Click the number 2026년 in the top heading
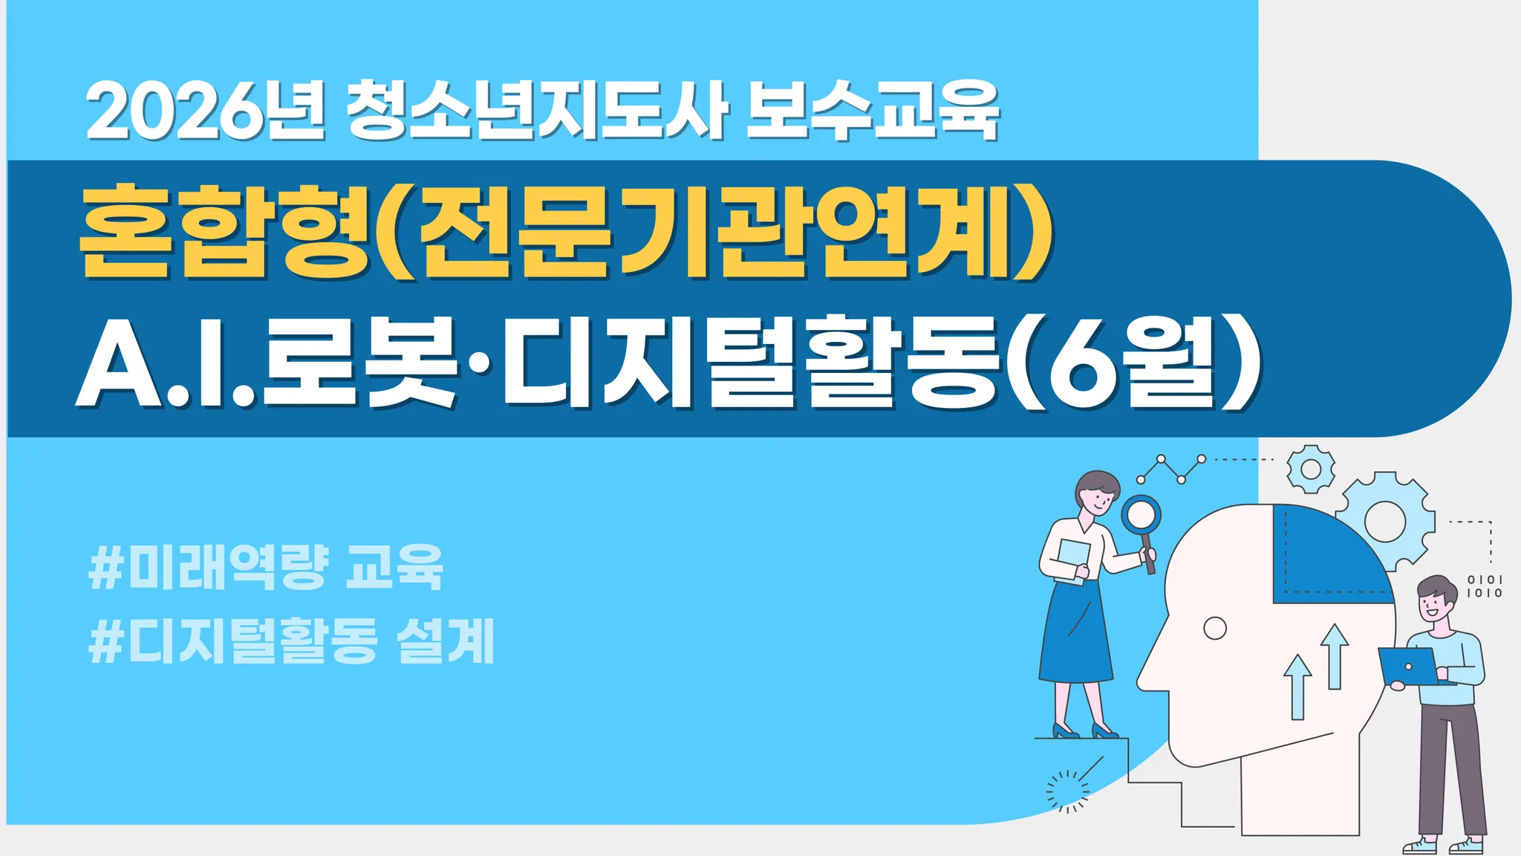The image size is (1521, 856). click(206, 112)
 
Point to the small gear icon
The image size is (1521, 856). click(1311, 469)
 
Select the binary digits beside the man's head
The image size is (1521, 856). click(1484, 586)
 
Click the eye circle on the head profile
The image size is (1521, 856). click(1214, 629)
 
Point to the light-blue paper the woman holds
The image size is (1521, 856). click(1072, 562)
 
